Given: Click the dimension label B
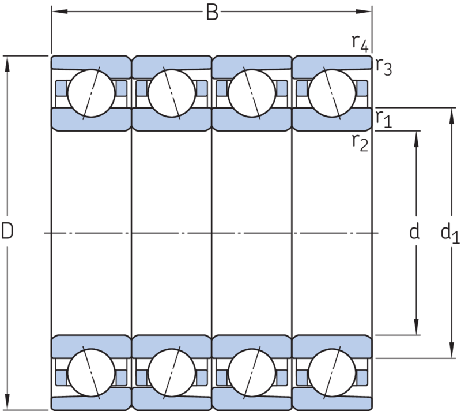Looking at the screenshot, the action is coord(212,12).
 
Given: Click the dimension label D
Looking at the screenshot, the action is coord(7,230).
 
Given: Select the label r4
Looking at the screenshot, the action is coord(360,43).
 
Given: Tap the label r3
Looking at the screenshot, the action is coord(384,66).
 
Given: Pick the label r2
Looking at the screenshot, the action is coord(360,143).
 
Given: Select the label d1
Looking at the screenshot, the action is coord(450,233).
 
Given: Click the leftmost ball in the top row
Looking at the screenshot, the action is coord(91,93).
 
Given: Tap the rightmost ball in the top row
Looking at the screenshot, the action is coord(332,93).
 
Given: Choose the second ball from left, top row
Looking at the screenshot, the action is coord(172,93).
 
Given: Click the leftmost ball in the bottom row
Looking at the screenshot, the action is coord(91,373).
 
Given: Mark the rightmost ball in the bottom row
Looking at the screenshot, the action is coord(332,373).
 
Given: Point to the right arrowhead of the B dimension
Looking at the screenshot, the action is coord(364,12).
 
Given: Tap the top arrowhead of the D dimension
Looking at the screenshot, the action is coord(7,64).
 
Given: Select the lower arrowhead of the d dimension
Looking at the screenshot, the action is coord(416,327).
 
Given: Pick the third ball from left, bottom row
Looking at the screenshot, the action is coord(252,373).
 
